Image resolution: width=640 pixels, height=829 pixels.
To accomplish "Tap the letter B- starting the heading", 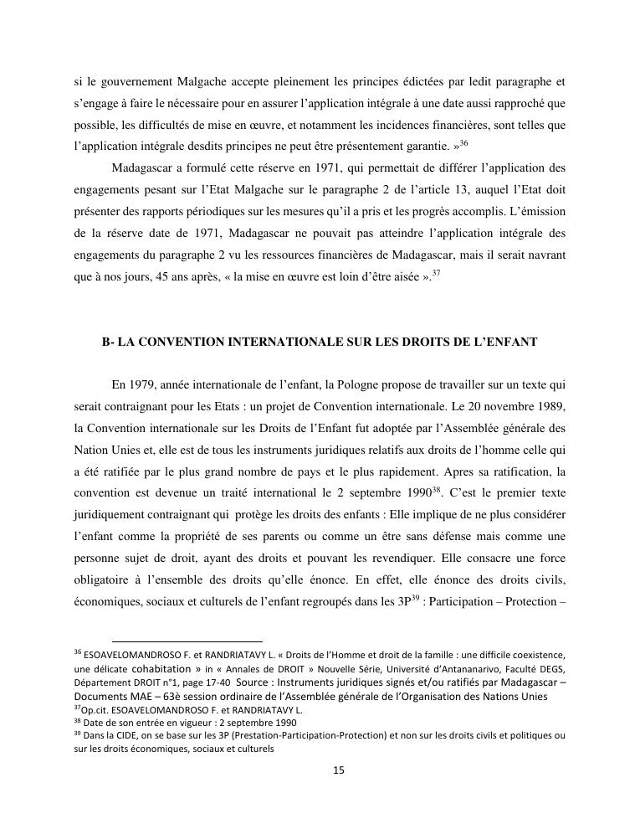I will (107, 342).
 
